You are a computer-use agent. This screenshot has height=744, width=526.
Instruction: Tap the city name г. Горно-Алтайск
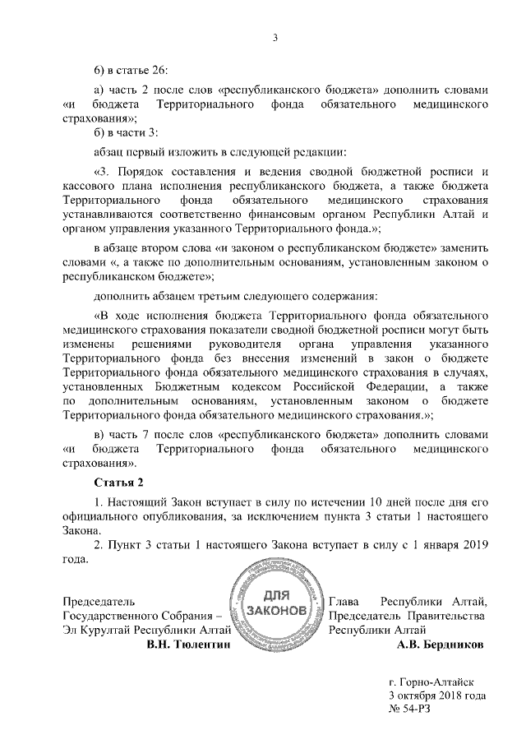(432, 682)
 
